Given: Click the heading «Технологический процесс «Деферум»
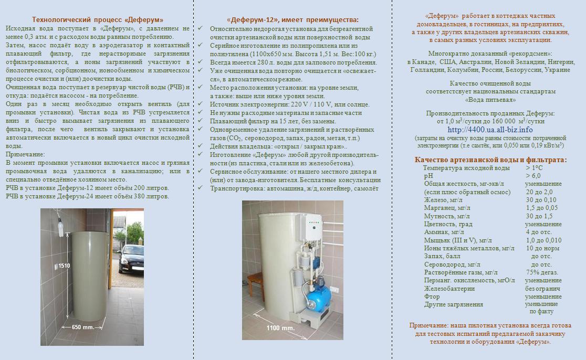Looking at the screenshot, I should click(x=98, y=20).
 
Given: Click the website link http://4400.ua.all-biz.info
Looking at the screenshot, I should click(x=490, y=129).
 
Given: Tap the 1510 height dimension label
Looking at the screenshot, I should click(x=64, y=266).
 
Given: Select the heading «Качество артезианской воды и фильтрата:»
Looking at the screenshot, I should click(x=490, y=160).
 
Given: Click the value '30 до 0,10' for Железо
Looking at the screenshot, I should click(x=541, y=200).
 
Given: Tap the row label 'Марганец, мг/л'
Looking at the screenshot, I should click(x=447, y=208).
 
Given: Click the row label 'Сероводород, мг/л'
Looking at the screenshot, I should click(x=452, y=264).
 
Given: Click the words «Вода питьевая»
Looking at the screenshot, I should click(x=490, y=99).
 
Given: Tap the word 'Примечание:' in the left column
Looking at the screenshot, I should click(x=25, y=154).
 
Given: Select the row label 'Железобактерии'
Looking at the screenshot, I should click(x=449, y=289).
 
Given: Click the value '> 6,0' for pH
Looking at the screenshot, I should click(x=533, y=176).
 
